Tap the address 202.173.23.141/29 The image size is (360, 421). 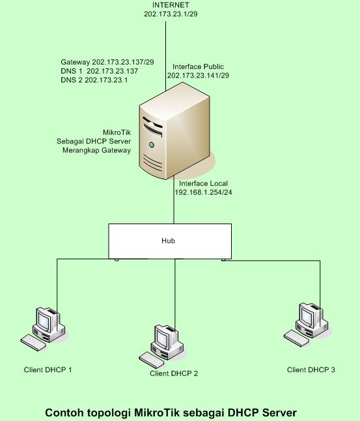click(x=198, y=76)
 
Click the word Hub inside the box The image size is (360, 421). click(x=168, y=241)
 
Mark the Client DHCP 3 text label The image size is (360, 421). click(x=311, y=370)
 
